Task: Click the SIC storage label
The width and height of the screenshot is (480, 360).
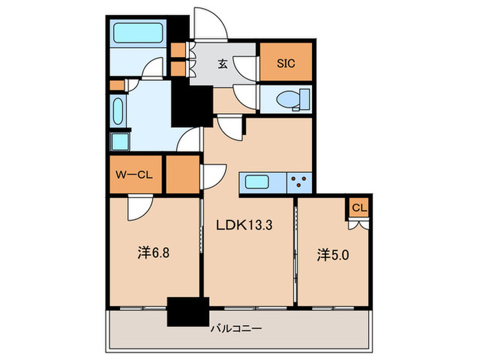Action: pyautogui.click(x=286, y=63)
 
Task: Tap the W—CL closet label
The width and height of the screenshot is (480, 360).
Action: pyautogui.click(x=134, y=175)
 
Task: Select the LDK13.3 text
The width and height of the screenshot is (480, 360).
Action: pyautogui.click(x=244, y=226)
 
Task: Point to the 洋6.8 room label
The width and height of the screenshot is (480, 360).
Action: pyautogui.click(x=153, y=254)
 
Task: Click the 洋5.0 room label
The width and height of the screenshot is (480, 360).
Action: pyautogui.click(x=333, y=255)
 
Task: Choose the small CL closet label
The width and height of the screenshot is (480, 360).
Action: pyautogui.click(x=359, y=208)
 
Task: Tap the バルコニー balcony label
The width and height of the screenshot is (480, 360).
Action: pyautogui.click(x=237, y=328)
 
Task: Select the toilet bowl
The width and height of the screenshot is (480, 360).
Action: pyautogui.click(x=288, y=99)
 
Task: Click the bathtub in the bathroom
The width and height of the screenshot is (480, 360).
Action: pyautogui.click(x=138, y=33)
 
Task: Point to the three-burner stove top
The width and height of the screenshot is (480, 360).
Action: pyautogui.click(x=299, y=183)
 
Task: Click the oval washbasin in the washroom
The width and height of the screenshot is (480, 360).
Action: pyautogui.click(x=118, y=110)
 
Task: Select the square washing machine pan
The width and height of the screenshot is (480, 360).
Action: pyautogui.click(x=120, y=142)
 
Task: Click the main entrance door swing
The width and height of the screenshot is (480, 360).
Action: pyautogui.click(x=211, y=24)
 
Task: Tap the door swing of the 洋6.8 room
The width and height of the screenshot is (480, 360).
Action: pyautogui.click(x=140, y=207)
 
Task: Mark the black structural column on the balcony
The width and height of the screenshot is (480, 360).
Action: pyautogui.click(x=188, y=311)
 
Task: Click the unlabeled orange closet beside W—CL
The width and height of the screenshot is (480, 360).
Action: pyautogui.click(x=183, y=174)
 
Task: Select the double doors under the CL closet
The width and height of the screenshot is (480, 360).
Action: pyautogui.click(x=358, y=225)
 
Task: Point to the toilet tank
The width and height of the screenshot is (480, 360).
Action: pyautogui.click(x=304, y=99)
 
